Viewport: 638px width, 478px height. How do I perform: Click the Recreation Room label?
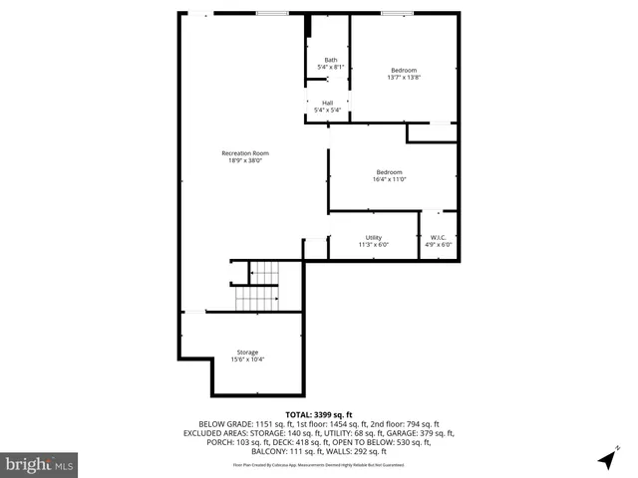click(245, 153)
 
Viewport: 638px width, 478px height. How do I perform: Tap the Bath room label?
click(330, 61)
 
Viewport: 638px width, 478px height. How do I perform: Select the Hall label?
click(327, 103)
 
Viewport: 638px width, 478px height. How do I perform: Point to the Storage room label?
click(247, 353)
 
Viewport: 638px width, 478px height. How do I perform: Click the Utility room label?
click(373, 237)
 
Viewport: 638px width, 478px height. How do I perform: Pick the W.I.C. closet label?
click(439, 237)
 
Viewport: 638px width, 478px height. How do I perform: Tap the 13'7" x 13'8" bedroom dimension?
click(404, 77)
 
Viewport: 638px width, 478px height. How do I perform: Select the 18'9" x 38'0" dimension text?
click(245, 160)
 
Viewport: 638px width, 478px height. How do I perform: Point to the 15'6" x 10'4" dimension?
click(247, 359)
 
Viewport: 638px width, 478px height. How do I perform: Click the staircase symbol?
click(261, 285)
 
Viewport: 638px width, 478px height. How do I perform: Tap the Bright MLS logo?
click(40, 464)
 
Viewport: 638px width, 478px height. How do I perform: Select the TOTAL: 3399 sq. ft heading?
click(319, 414)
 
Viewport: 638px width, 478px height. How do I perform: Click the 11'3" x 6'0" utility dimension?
click(373, 244)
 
